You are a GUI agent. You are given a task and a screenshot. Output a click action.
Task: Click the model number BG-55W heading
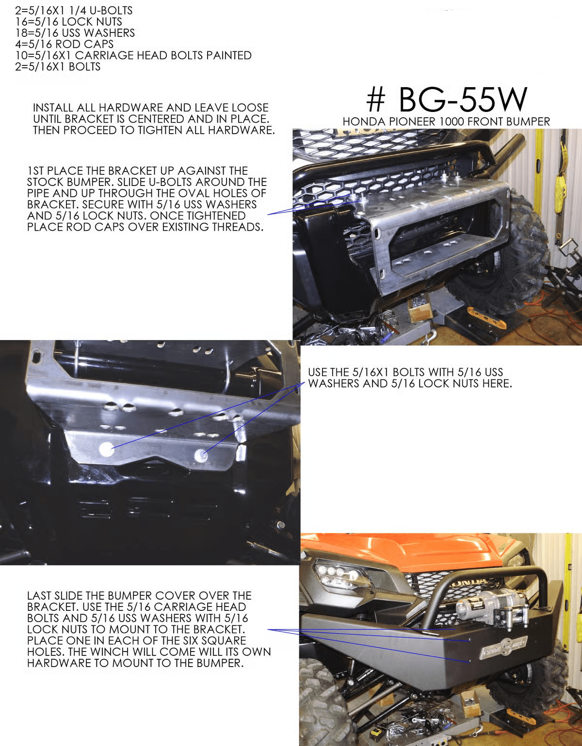coord(446,99)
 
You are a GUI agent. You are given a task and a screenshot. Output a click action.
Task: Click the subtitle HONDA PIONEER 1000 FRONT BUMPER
coord(446,122)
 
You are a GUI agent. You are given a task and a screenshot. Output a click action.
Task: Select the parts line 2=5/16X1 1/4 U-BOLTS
coord(74,10)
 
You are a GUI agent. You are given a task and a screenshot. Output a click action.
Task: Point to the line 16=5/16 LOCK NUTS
coord(68,21)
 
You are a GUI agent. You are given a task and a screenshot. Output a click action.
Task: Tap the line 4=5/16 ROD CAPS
coord(64,44)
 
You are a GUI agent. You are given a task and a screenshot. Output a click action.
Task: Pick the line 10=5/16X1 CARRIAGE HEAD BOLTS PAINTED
coord(133,55)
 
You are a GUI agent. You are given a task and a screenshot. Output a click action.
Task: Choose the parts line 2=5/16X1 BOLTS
coord(58,66)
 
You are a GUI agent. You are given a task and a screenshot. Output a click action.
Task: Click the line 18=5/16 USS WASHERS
coord(75,33)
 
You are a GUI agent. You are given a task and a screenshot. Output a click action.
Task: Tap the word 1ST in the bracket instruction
coord(35,171)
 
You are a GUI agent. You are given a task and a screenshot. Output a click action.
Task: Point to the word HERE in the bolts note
coord(496,384)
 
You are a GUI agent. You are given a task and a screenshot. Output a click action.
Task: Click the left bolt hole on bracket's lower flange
coord(106,450)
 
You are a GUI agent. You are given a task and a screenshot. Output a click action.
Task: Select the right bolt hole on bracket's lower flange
coord(201,455)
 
